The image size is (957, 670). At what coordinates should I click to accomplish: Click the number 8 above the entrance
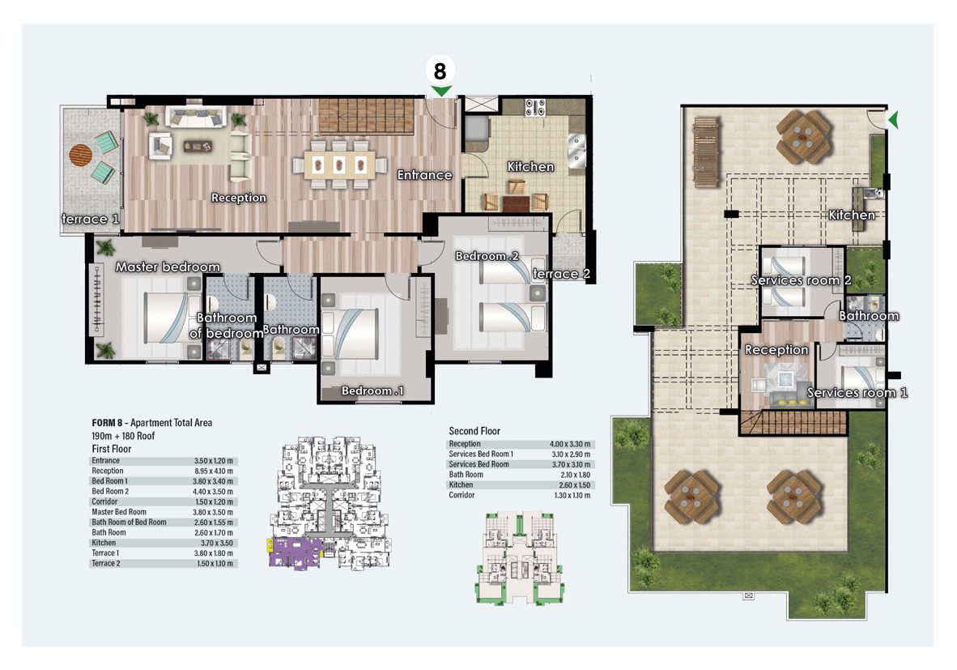[440, 70]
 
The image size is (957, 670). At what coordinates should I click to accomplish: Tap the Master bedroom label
[168, 267]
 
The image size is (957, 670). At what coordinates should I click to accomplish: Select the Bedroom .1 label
[372, 390]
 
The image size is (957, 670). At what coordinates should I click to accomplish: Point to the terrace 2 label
[562, 274]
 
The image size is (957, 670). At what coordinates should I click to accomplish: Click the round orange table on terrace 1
[81, 155]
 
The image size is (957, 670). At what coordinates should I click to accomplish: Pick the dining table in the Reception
[338, 164]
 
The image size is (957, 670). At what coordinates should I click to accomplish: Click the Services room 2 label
[801, 280]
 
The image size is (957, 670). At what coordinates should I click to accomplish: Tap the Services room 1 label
[857, 393]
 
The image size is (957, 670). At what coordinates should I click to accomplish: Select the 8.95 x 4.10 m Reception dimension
[214, 471]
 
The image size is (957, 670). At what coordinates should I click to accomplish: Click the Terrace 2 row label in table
[106, 563]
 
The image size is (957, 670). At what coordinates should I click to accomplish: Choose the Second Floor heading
[474, 431]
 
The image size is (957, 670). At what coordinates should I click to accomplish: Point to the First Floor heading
[112, 449]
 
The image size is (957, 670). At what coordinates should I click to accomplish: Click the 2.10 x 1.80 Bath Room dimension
[576, 475]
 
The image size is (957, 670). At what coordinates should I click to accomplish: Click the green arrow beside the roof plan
[894, 120]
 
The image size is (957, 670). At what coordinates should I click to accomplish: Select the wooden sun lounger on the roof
[705, 152]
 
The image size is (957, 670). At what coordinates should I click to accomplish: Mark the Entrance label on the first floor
[425, 175]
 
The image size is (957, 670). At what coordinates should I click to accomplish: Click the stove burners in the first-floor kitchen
[535, 108]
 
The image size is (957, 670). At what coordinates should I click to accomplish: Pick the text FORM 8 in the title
[108, 423]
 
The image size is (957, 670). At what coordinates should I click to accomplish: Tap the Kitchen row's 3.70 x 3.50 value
[217, 543]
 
